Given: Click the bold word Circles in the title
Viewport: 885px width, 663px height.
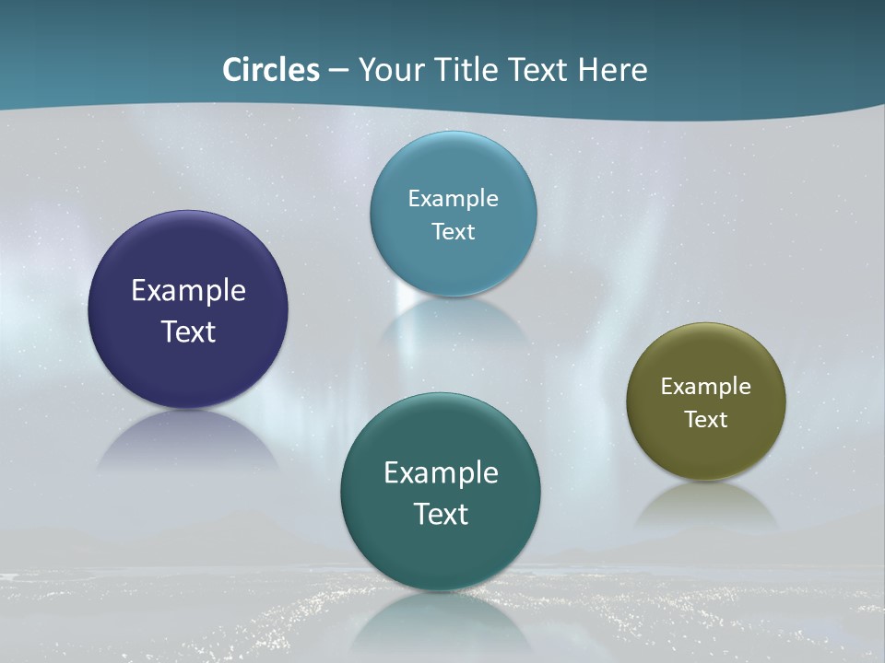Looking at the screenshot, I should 271,70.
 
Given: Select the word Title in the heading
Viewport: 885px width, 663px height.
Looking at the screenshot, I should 469,70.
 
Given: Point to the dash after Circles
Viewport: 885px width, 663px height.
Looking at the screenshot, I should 338,71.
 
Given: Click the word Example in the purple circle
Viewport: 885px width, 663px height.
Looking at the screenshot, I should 188,291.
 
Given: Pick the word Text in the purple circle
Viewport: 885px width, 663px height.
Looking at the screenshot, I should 188,331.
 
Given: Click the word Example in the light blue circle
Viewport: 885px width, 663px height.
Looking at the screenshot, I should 454,199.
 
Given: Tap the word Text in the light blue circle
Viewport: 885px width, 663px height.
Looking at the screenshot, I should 454,231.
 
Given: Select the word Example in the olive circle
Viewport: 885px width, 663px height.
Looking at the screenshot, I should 706,387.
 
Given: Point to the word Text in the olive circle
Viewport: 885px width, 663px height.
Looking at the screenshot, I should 706,420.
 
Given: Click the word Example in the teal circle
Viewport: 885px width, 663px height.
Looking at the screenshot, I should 441,473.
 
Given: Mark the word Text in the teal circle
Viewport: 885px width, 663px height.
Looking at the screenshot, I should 441,514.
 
